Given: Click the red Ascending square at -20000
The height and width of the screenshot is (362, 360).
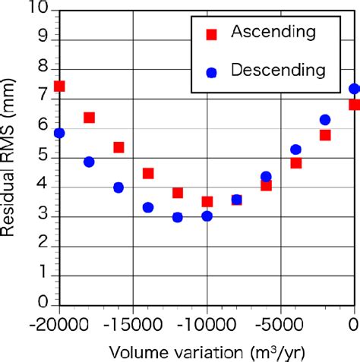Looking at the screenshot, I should (59, 87).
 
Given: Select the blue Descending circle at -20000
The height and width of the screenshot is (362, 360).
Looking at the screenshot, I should (59, 133).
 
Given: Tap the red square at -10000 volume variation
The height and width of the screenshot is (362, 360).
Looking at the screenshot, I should (207, 201).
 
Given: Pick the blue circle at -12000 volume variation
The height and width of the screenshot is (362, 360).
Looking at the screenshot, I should (178, 217).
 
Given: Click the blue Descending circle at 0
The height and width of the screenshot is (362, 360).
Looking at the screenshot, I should (354, 89).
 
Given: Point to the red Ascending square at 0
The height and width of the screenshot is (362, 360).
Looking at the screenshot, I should (354, 105).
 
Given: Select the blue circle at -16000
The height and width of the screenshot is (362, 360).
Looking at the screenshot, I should (118, 187).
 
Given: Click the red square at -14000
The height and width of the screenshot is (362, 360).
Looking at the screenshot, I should (148, 173).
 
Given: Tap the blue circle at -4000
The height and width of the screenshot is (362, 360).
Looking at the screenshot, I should (295, 150).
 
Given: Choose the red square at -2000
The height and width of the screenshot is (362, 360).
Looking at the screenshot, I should (325, 135).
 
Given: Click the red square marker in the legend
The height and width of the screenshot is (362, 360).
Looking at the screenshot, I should (213, 33).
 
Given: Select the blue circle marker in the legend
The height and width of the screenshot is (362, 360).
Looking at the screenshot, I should (213, 72).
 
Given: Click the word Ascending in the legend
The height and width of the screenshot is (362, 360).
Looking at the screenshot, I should (273, 32).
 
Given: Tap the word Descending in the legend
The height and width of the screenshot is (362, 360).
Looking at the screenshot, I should (278, 71).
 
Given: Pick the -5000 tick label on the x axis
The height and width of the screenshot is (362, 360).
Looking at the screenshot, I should (280, 323).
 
